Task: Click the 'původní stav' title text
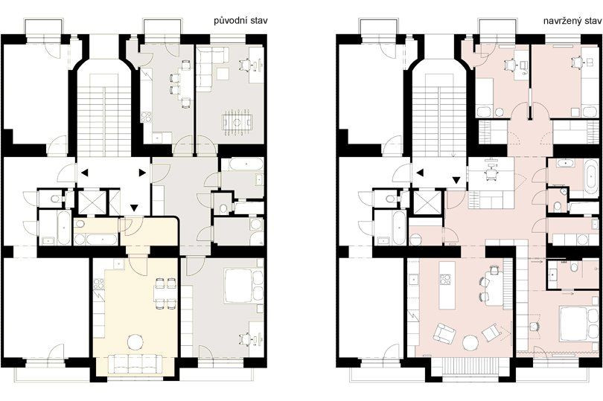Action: pos(240,21)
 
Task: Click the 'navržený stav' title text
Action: pos(572,21)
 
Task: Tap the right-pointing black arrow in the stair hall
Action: pos(142,173)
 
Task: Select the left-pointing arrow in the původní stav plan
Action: pos(84,173)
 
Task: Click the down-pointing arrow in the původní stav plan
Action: pos(133,208)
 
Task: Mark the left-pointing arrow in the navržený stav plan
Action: pos(420,173)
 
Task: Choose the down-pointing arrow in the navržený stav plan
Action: pos(456,180)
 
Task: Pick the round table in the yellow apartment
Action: pos(135,341)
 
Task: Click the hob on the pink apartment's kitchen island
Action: pos(445,279)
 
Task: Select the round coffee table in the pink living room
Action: pos(471,342)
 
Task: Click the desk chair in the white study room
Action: pos(491,173)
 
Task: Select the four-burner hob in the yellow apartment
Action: pos(99,283)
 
